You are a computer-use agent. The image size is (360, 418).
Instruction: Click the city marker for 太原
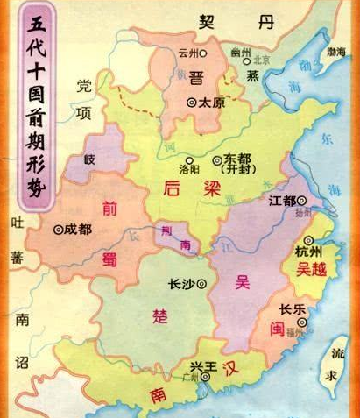[192, 102]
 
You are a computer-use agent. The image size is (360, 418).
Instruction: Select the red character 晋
[196, 78]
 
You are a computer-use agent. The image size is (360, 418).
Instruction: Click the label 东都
[226, 159]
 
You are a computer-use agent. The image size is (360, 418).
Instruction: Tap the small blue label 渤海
[336, 53]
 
